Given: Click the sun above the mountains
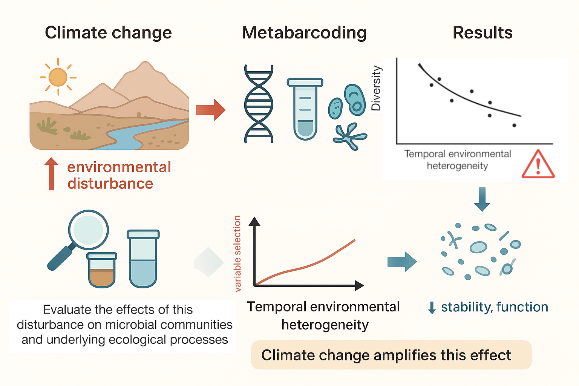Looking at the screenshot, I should coord(58,77).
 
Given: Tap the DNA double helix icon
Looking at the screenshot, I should coord(259,104).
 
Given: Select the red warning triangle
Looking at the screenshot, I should coord(538,165).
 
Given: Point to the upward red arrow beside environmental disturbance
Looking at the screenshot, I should coord(51,173).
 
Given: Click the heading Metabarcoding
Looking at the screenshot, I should coord(304,33).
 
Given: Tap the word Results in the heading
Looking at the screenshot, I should coord(482,33).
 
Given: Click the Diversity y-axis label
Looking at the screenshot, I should coord(376,88).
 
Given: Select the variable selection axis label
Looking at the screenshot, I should coord(237,253).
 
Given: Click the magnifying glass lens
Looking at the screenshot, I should coord(88,230).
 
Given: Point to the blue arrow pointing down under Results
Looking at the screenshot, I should coord(482,199).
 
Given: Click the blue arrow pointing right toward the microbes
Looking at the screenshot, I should coord(402,261).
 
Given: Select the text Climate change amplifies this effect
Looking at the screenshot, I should coord(386,355).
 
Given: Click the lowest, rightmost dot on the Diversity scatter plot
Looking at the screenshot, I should coord(514,125).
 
